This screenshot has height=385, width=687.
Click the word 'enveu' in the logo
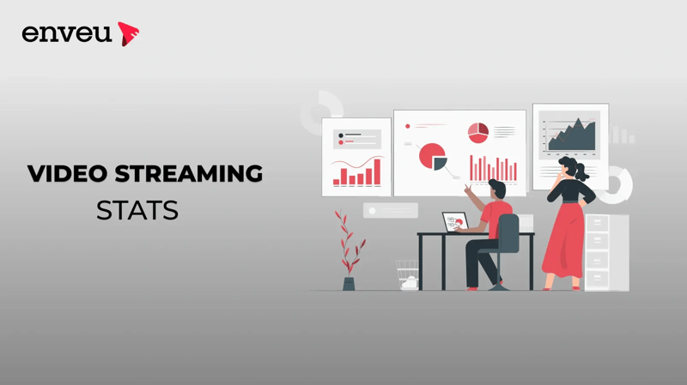coord(66,33)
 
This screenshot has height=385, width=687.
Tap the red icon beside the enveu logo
coord(129,33)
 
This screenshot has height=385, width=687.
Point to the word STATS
coord(137,209)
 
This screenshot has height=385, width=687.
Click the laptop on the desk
coord(453,222)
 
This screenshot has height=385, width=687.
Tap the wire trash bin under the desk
coord(406,274)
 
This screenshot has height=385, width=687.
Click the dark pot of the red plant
coord(349,283)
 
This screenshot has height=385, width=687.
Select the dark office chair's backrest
coord(508,233)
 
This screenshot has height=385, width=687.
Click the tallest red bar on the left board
coord(377,171)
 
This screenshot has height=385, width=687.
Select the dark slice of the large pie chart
coord(440,162)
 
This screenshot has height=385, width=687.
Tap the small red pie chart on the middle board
coord(478,133)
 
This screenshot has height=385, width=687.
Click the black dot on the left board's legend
coord(341,135)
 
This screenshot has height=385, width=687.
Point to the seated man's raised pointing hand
coord(468,187)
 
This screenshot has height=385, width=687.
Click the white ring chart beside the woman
coord(617,184)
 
